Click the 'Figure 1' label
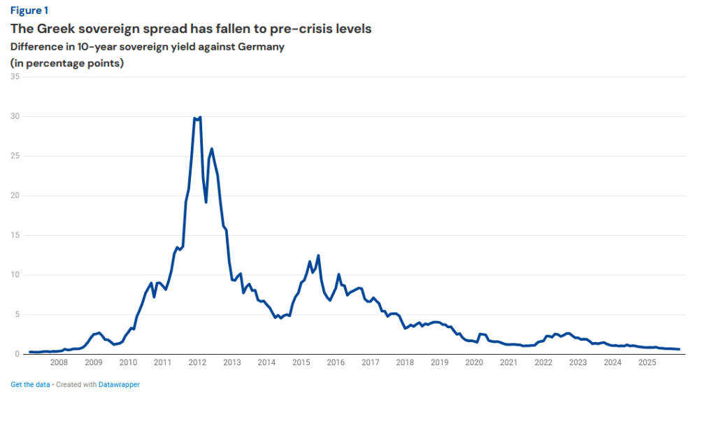tap(29, 10)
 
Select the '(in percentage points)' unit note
tap(67, 63)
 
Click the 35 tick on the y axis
tap(15, 77)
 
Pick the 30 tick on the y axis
tap(15, 116)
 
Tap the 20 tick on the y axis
tap(15, 196)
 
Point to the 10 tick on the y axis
tap(15, 275)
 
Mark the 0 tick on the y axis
tap(17, 354)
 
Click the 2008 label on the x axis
tap(59, 362)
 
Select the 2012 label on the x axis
tap(197, 362)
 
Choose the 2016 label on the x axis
tap(336, 362)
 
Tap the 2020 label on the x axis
tap(474, 362)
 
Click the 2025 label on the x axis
tap(647, 362)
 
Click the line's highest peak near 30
tap(200, 118)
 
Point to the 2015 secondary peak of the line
tap(318, 255)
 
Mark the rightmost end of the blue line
tap(679, 349)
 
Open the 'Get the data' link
tap(30, 384)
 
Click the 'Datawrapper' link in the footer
tap(119, 384)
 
